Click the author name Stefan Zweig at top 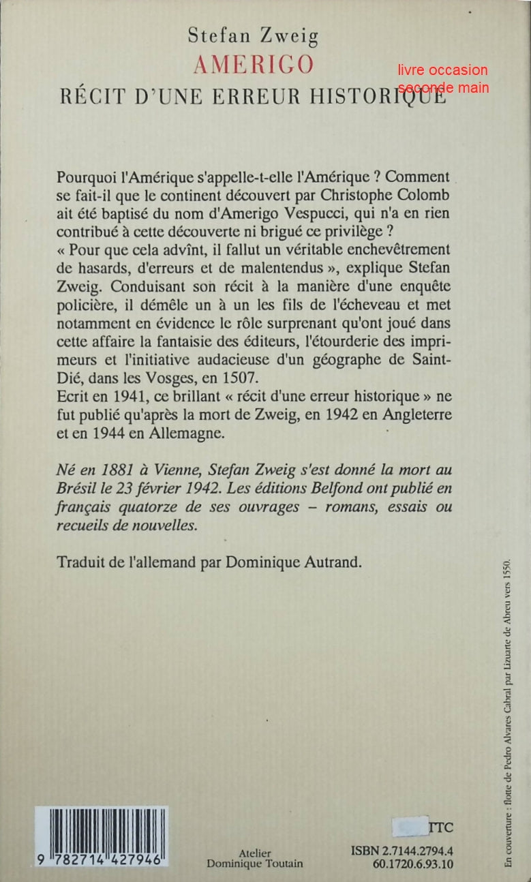(x=253, y=35)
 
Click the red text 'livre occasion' (x=444, y=70)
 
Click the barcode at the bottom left (x=101, y=837)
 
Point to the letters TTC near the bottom (x=441, y=827)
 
